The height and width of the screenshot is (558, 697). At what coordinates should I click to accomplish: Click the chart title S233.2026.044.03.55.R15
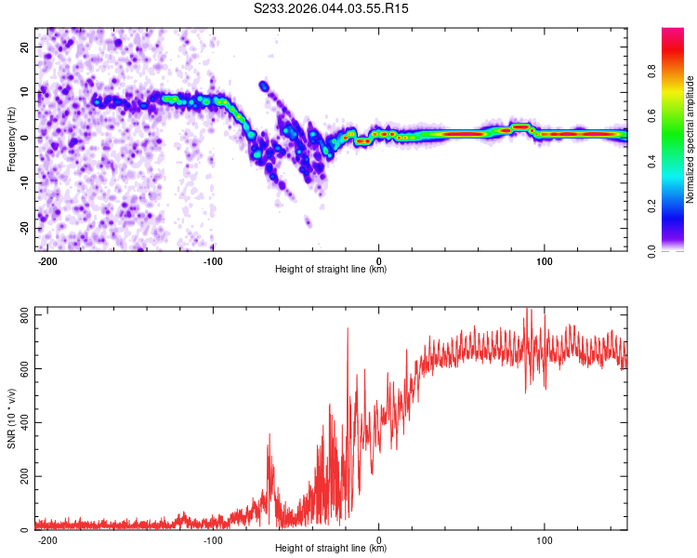coord(332,8)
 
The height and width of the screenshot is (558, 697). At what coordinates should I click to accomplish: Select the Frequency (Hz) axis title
coord(11,139)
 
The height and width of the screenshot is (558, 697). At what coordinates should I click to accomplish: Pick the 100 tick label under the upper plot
coord(544,259)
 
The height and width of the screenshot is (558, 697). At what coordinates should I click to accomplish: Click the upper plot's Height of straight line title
coord(331,270)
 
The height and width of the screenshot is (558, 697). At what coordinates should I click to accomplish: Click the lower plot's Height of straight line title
coord(331,549)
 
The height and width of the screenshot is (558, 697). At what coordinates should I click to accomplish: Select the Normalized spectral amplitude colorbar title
coord(690,139)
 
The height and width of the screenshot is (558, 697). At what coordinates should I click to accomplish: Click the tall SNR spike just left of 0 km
coord(348,329)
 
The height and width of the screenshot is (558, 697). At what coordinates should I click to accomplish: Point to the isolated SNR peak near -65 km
coord(270,435)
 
